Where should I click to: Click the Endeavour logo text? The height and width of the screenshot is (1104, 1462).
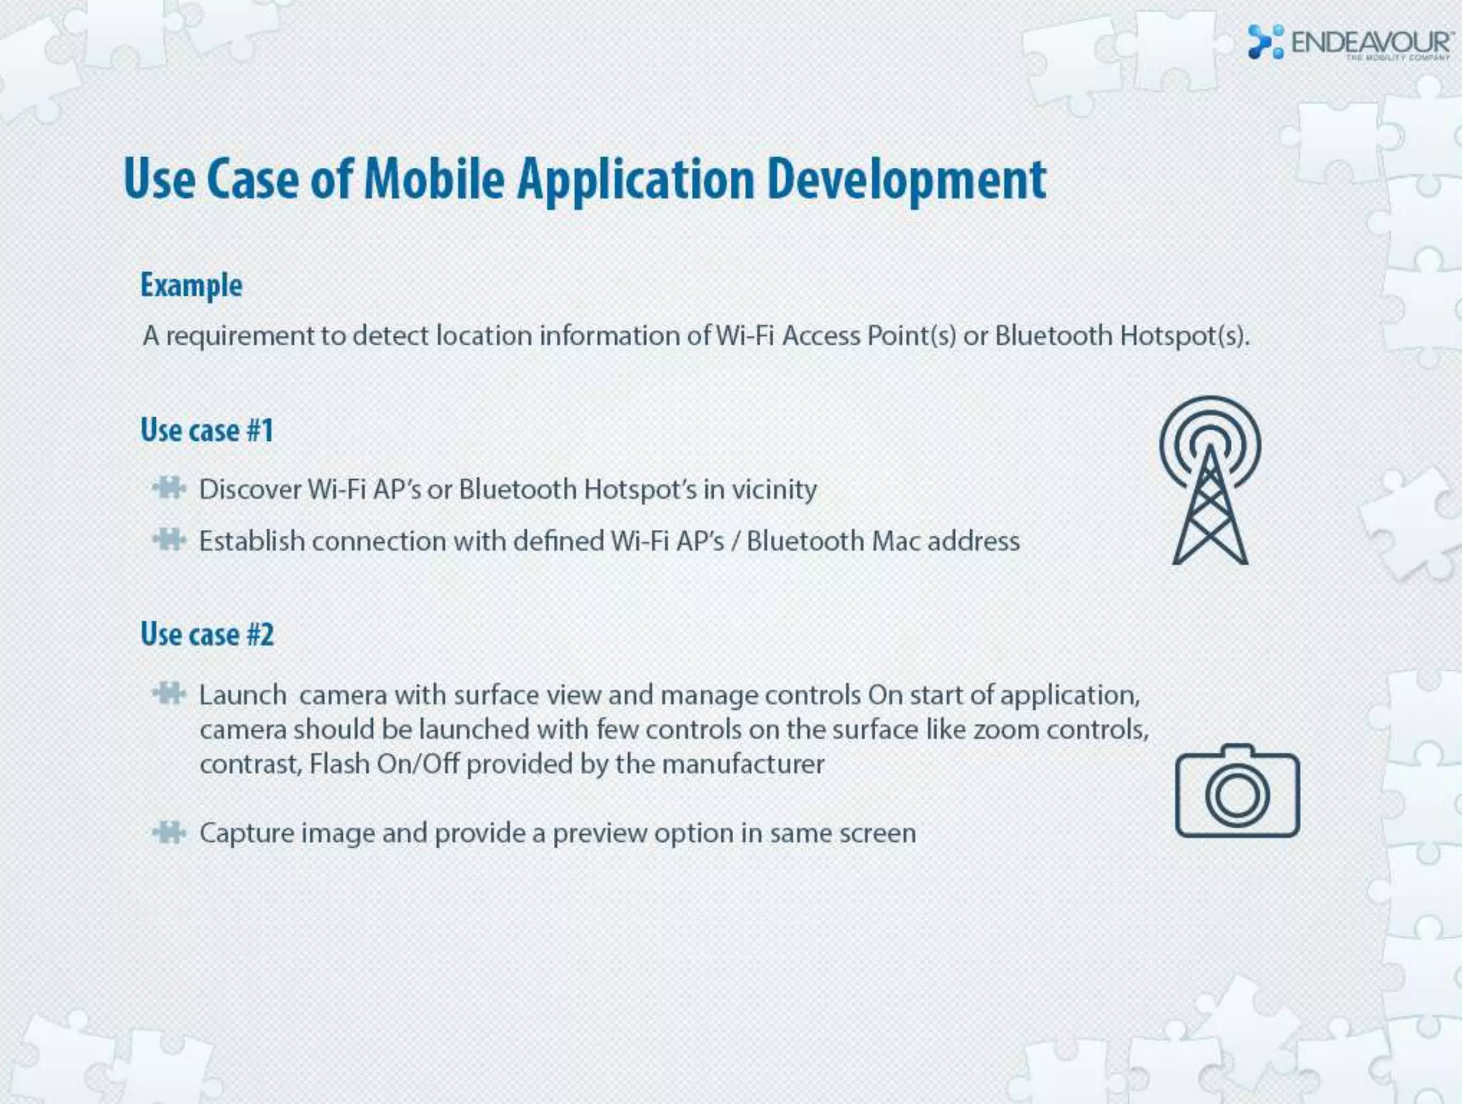point(1371,42)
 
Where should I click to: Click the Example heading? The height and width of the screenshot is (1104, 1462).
point(191,285)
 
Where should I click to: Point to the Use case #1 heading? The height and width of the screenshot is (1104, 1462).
point(207,430)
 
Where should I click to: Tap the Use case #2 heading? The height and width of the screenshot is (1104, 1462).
point(207,634)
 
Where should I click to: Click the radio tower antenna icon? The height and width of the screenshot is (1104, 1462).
point(1210,480)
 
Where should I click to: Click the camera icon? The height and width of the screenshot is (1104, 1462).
point(1237,791)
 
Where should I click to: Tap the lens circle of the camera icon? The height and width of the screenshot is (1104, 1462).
point(1237,795)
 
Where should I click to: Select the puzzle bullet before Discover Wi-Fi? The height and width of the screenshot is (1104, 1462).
point(169,488)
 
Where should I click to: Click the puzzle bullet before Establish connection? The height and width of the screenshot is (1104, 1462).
point(169,540)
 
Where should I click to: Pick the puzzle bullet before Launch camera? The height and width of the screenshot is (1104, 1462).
point(169,693)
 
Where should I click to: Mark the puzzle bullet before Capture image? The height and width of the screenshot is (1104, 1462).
point(169,832)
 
